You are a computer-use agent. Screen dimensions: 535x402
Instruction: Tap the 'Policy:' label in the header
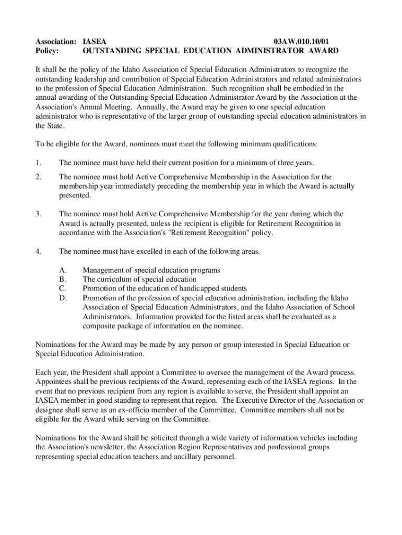coord(47,51)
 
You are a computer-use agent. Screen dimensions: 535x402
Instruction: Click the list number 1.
coord(38,163)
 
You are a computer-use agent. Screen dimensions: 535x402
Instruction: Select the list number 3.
coord(38,214)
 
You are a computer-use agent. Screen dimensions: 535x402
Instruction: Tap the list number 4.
coord(38,251)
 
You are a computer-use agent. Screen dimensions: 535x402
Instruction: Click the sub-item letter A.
coord(63,270)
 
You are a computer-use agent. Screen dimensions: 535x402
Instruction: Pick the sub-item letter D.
coord(63,298)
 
